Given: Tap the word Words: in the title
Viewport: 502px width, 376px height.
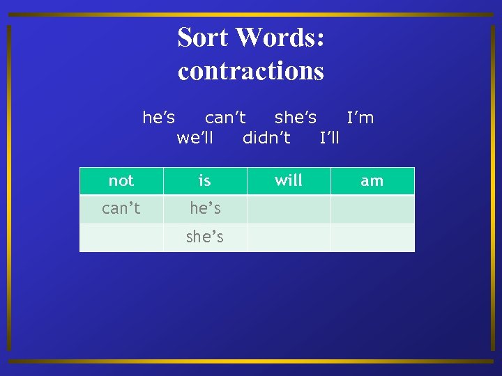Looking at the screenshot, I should [283, 37].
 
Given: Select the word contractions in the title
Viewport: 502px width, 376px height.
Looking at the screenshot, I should [251, 70].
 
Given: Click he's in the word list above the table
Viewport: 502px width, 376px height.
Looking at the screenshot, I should [159, 118].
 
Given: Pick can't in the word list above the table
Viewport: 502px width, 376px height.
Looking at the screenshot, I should [225, 118].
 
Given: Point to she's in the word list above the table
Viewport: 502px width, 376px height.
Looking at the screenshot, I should [296, 118].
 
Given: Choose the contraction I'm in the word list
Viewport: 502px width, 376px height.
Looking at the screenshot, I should [360, 118].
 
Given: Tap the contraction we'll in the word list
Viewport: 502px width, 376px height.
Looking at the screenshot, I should [195, 137].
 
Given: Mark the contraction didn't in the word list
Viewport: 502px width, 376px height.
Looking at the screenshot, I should [266, 137].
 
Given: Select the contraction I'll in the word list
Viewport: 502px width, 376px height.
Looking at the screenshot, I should [330, 137].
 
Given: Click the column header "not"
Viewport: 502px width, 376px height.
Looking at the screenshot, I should [121, 181].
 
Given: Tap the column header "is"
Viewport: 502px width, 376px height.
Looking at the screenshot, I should [205, 181].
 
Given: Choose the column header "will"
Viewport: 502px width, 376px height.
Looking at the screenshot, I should [289, 181].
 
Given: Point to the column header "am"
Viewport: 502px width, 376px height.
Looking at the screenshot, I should [372, 181].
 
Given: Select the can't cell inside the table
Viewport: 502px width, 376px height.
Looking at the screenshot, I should [121, 208].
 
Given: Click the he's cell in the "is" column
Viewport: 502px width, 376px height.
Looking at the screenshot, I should [205, 208].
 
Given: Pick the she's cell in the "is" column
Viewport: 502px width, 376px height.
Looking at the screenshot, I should [205, 237].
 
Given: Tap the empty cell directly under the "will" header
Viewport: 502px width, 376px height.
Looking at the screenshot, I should [289, 208].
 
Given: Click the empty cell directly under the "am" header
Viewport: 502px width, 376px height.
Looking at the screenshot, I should [372, 208].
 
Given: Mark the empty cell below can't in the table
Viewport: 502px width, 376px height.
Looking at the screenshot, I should [121, 237].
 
